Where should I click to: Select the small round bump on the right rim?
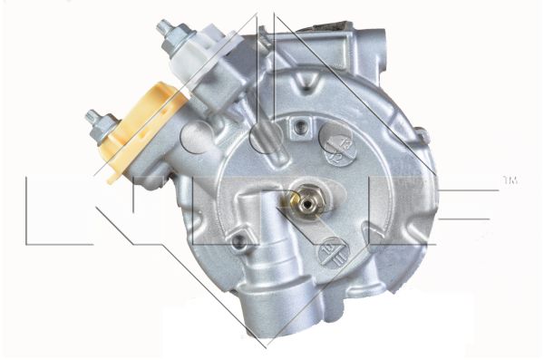click(422, 136)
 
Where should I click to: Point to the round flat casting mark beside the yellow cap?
click(196, 136)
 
